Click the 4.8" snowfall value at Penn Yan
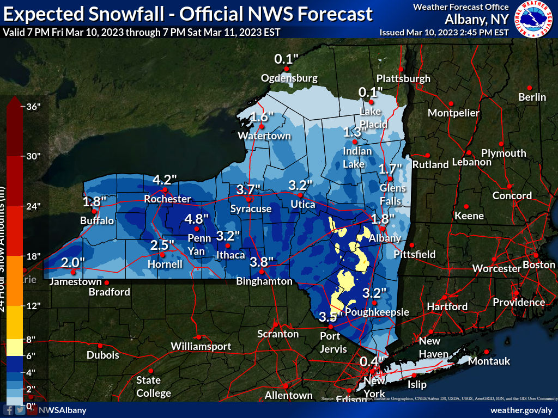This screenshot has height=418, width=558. point(197,219)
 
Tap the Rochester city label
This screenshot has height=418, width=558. point(167,199)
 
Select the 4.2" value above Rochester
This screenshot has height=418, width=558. point(165,180)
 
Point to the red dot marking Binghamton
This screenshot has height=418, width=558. point(262,271)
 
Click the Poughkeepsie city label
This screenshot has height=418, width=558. point(377,312)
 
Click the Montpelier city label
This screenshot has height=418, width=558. point(453,113)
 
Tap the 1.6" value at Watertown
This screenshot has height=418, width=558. point(260,117)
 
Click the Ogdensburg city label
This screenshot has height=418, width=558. point(289,78)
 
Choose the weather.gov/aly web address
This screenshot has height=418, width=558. point(521,410)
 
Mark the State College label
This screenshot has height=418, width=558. point(153,386)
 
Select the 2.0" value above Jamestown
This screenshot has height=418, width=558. point(72,263)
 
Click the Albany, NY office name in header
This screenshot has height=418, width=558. point(476,20)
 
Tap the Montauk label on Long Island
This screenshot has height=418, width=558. point(489,361)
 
